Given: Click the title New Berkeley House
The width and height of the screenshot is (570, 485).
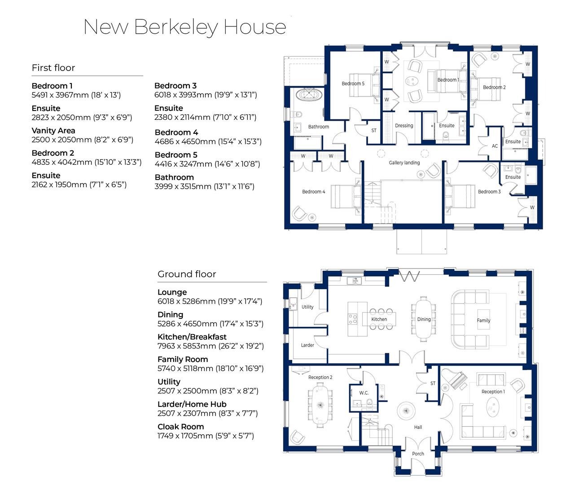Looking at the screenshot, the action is pyautogui.click(x=185, y=27).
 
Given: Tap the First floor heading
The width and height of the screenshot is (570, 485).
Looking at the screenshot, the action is pyautogui.click(x=53, y=68).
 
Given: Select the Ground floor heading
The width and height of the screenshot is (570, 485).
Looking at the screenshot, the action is pyautogui.click(x=187, y=274).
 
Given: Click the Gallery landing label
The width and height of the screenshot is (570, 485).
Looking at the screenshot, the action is pyautogui.click(x=404, y=163).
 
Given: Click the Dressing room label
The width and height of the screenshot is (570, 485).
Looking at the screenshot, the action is pyautogui.click(x=404, y=126).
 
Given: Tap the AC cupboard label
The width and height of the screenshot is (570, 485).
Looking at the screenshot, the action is pyautogui.click(x=495, y=146).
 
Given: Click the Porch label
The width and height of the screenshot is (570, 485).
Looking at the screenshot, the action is pyautogui.click(x=418, y=454).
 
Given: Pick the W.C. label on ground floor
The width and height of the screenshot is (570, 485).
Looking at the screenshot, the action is pyautogui.click(x=364, y=393).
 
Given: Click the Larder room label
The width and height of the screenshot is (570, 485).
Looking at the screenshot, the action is pyautogui.click(x=307, y=345).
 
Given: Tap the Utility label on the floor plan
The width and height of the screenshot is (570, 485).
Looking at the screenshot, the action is pyautogui.click(x=307, y=307).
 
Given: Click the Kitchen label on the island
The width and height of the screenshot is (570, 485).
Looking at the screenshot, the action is pyautogui.click(x=379, y=319).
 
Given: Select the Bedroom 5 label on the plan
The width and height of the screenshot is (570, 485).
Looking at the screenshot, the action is pyautogui.click(x=353, y=84).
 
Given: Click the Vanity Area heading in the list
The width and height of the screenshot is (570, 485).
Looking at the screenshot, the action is pyautogui.click(x=53, y=131).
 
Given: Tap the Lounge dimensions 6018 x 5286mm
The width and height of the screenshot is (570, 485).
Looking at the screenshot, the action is pyautogui.click(x=210, y=301).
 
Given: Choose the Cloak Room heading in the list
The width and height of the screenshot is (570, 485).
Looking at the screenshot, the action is pyautogui.click(x=180, y=427).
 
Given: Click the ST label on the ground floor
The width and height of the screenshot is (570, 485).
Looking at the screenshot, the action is pyautogui.click(x=433, y=384).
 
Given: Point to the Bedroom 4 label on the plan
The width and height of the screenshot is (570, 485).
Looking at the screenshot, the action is pyautogui.click(x=314, y=192).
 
